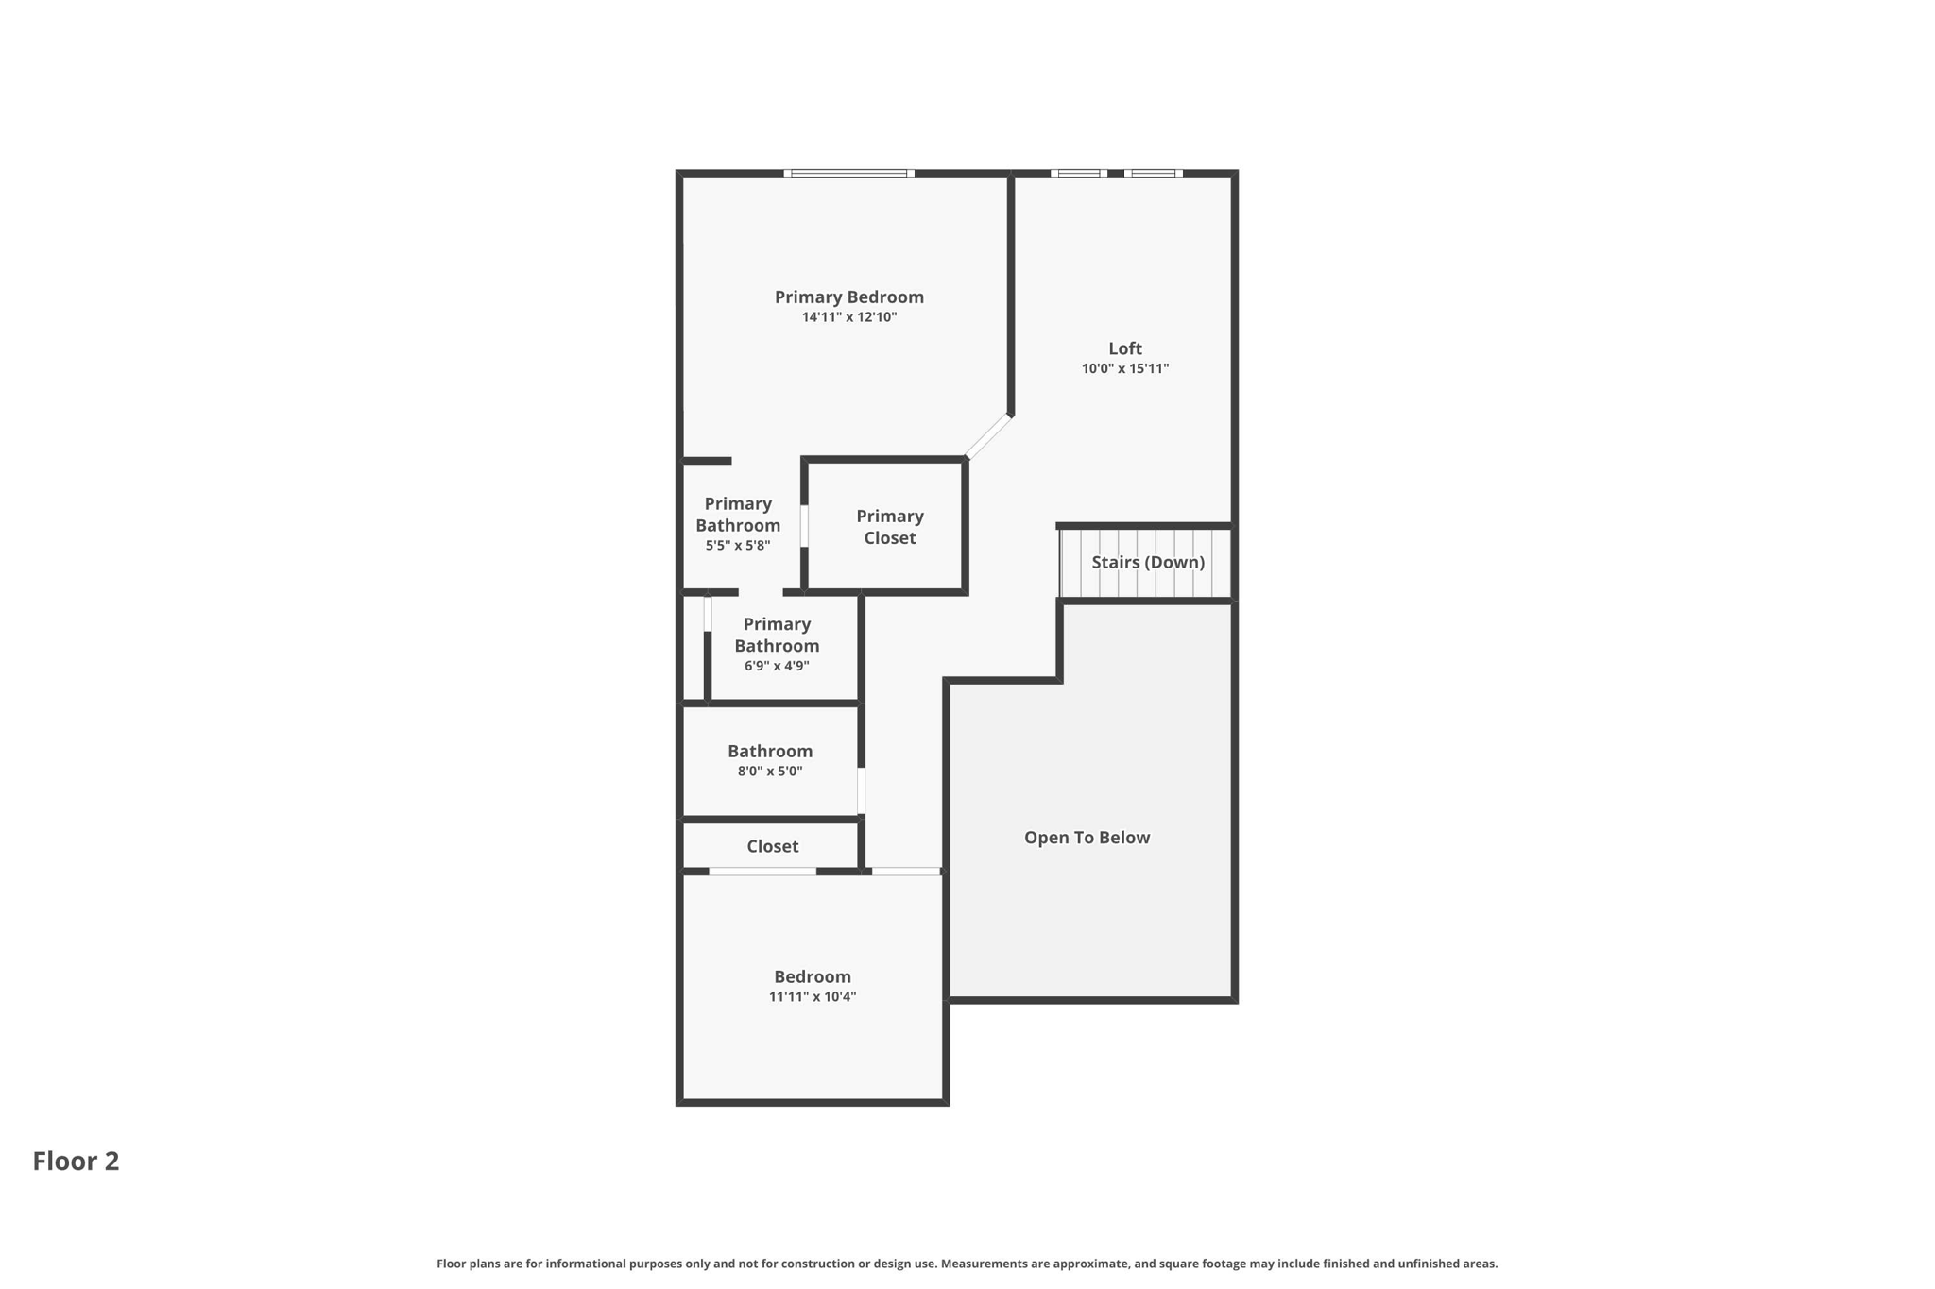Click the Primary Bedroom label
848,297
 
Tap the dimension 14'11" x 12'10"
848,317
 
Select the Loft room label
1124,348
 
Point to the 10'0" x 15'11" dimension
1124,369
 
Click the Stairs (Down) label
1147,562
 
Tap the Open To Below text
1087,838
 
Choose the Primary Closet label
889,527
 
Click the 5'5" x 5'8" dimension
738,546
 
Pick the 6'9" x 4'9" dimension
777,666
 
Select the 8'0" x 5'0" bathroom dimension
769,772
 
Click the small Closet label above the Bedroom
772,846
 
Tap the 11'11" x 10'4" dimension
812,997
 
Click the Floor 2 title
76,1161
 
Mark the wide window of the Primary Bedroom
848,174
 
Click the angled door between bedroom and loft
988,436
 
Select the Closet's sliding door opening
762,871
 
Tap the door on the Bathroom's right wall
861,790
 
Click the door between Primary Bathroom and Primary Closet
804,526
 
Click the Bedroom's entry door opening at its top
905,871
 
